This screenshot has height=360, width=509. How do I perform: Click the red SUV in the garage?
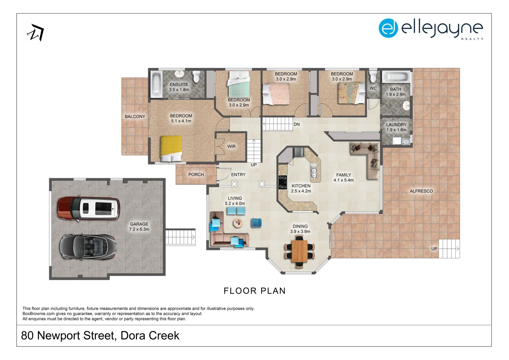pyautogui.click(x=88, y=208)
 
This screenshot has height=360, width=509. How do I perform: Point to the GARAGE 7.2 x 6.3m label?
pyautogui.click(x=139, y=227)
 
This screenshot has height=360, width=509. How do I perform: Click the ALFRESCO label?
pyautogui.click(x=421, y=191)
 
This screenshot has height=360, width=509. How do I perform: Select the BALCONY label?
pyautogui.click(x=135, y=116)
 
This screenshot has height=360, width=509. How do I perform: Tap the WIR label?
pyautogui.click(x=231, y=146)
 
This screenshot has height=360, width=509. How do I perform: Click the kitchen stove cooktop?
pyautogui.click(x=283, y=182)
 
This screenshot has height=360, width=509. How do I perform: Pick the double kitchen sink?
pyautogui.click(x=314, y=171)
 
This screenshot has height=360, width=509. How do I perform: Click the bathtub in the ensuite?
pyautogui.click(x=156, y=84)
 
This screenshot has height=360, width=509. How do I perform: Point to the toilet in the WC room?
pyautogui.click(x=373, y=77)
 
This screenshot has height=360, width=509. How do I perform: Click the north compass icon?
pyautogui.click(x=36, y=33)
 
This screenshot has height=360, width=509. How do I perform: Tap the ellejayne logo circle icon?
pyautogui.click(x=388, y=28)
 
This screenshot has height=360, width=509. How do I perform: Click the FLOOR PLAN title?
pyautogui.click(x=254, y=291)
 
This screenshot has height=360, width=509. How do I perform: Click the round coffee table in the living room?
pyautogui.click(x=238, y=223)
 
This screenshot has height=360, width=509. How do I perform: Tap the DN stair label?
pyautogui.click(x=297, y=124)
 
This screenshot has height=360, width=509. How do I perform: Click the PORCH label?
pyautogui.click(x=196, y=174)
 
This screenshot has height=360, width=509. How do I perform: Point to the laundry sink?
pyautogui.click(x=406, y=141)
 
